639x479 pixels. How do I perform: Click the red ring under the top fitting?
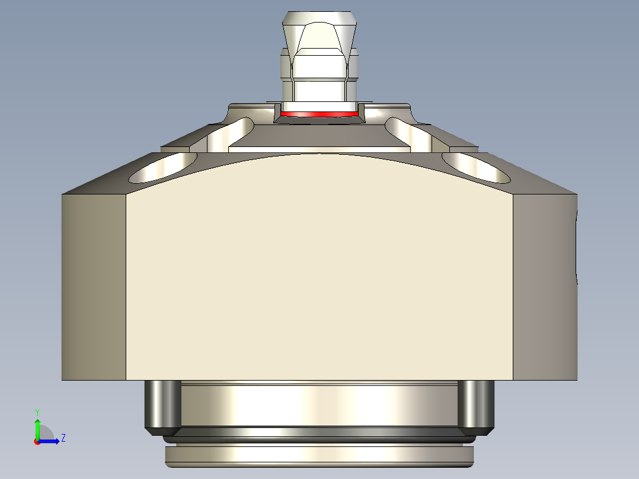coord(319,114)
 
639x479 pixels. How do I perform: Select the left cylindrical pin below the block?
coord(162,405)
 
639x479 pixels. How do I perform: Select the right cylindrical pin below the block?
coord(477,405)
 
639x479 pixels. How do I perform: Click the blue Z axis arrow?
coord(50,441)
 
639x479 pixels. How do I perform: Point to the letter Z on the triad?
coord(63,438)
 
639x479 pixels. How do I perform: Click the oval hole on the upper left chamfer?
coord(162,167)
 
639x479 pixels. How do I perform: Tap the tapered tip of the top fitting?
coord(320,30)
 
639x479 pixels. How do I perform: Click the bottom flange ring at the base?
coord(319,455)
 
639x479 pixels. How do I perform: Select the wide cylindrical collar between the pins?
coord(319,406)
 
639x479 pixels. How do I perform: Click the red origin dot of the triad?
coord(37,442)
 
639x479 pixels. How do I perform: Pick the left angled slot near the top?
coord(231,134)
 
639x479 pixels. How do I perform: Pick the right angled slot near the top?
coord(408,134)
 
